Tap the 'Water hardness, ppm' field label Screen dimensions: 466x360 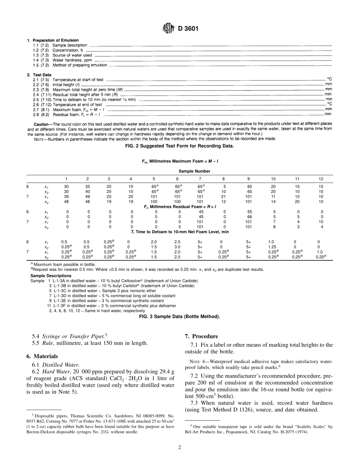coord(72,60)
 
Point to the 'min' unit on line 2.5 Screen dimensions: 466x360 coord(329,99)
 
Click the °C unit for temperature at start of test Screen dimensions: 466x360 coord(329,80)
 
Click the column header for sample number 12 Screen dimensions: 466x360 coord(321,178)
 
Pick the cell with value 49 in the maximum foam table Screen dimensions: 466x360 coord(88,197)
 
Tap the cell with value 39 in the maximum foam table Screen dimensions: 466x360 coord(67,197)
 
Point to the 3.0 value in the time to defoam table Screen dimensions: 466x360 coord(177,247)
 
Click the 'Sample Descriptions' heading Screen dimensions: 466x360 coord(50,275)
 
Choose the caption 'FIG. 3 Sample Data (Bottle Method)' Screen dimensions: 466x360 coord(180,316)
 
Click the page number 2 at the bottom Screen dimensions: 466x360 coord(180,447)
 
